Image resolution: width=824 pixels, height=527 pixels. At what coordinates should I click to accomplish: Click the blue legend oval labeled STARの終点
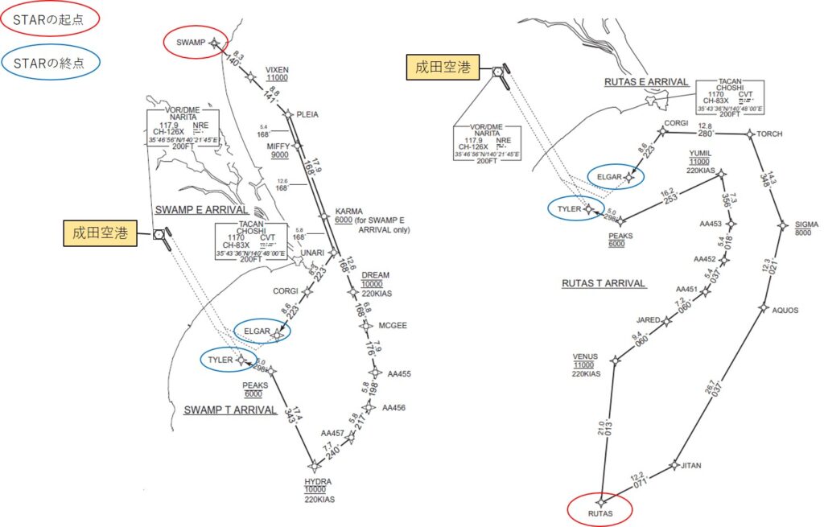click(x=50, y=63)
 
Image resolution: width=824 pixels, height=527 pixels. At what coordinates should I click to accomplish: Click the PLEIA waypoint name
click(x=307, y=114)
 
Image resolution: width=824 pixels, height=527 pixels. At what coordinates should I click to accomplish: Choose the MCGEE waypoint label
click(x=392, y=325)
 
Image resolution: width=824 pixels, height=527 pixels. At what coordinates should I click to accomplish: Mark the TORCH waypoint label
click(x=771, y=134)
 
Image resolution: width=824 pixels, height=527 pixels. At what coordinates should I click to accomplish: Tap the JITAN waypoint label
click(x=691, y=466)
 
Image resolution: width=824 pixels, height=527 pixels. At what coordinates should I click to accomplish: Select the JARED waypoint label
click(x=649, y=320)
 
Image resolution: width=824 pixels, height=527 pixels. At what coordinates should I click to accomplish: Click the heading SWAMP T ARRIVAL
click(x=230, y=410)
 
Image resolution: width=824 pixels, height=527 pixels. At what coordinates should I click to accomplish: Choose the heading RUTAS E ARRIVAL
click(x=646, y=82)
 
